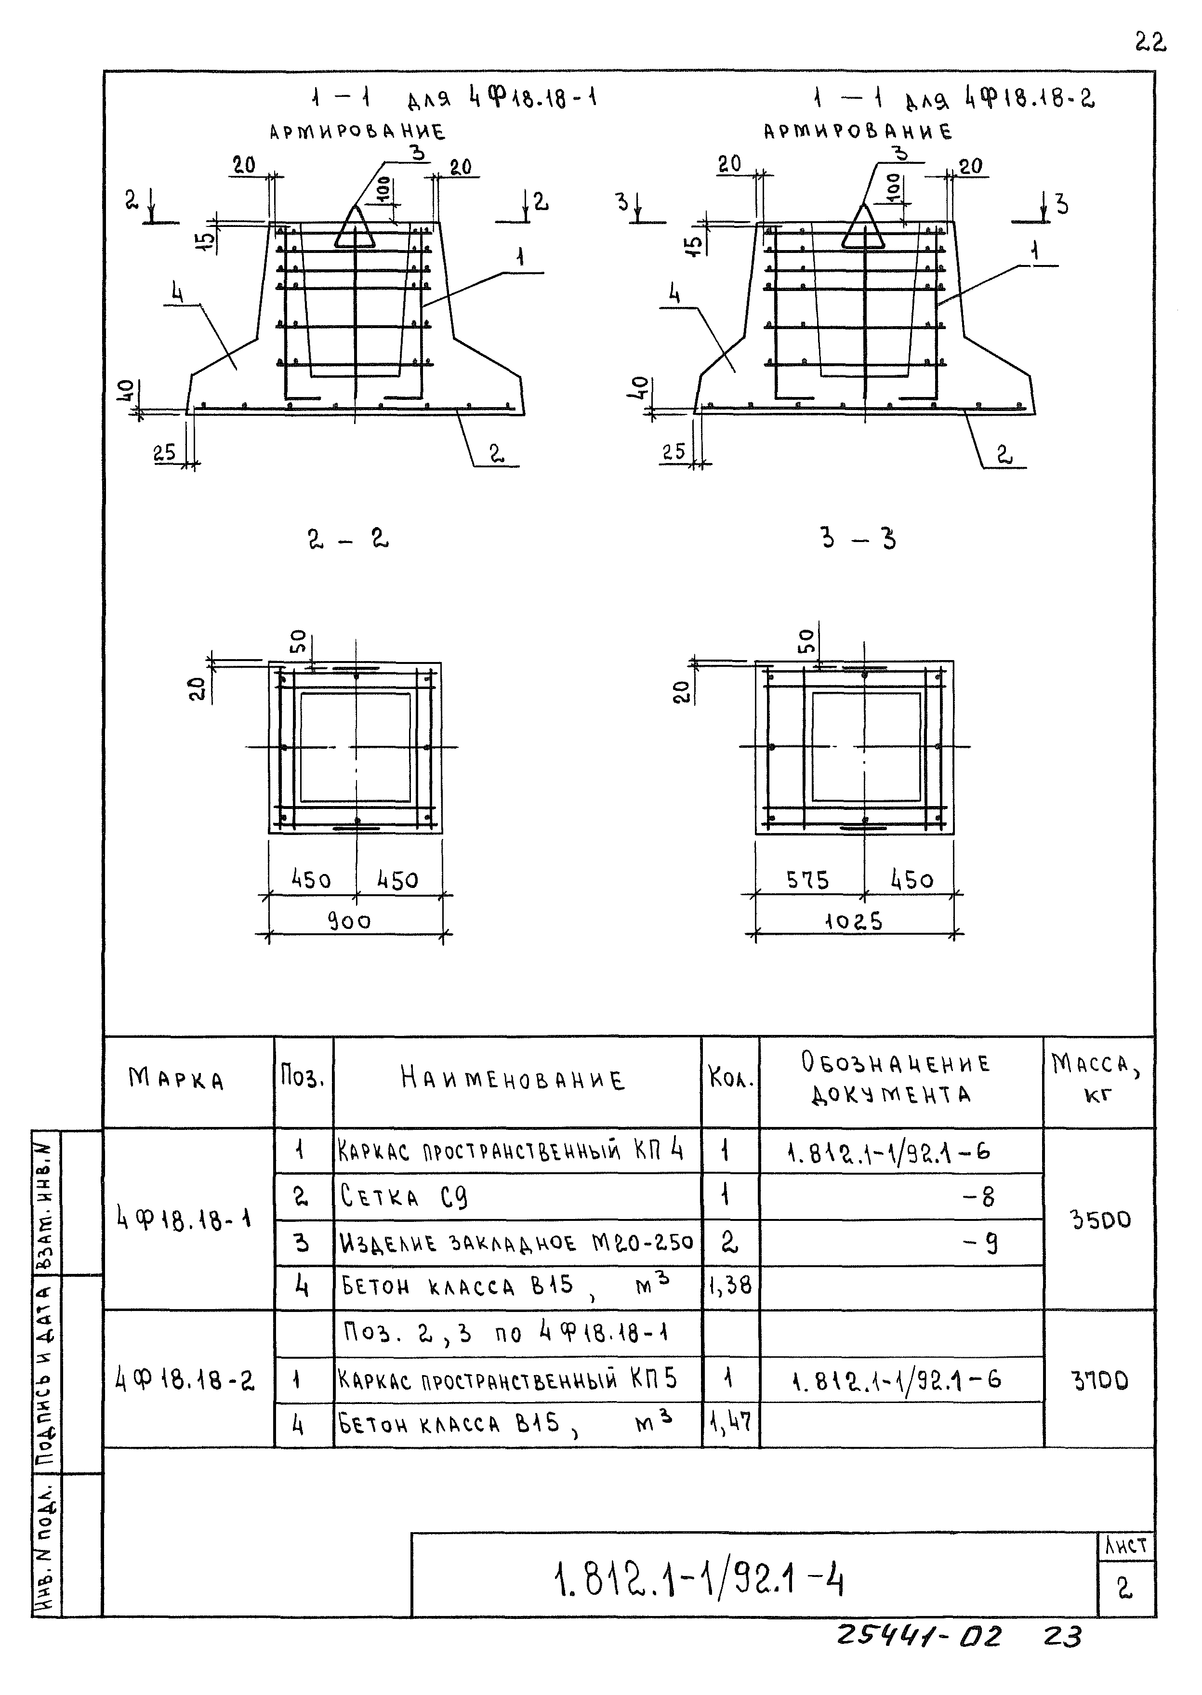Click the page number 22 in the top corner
[x=1150, y=43]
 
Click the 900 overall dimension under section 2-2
[x=349, y=922]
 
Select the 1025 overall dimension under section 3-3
[x=853, y=922]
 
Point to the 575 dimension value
[x=807, y=880]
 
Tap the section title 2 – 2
[x=348, y=539]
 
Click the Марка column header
[x=176, y=1079]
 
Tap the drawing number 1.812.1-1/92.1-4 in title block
[x=699, y=1580]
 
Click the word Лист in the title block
[x=1126, y=1546]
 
